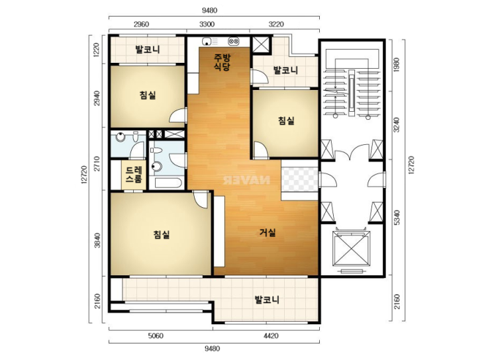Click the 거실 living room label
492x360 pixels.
click(x=268, y=233)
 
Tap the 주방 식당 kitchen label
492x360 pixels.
click(x=222, y=62)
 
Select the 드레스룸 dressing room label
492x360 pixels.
click(x=134, y=175)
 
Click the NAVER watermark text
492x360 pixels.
click(x=246, y=180)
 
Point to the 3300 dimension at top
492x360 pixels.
click(x=207, y=24)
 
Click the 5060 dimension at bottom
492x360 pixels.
click(x=156, y=336)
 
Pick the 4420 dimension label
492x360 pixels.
click(x=271, y=336)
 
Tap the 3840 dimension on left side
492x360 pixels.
click(x=97, y=240)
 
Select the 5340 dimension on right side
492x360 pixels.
click(x=397, y=218)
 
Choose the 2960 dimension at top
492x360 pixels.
click(x=141, y=24)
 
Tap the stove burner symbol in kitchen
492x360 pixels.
click(x=234, y=41)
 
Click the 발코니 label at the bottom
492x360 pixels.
click(x=267, y=300)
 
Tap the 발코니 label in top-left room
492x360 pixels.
click(x=148, y=50)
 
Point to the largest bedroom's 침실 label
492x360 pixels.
click(x=162, y=234)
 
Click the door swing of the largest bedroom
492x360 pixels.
click(x=200, y=199)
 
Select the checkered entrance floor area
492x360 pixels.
click(x=300, y=179)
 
